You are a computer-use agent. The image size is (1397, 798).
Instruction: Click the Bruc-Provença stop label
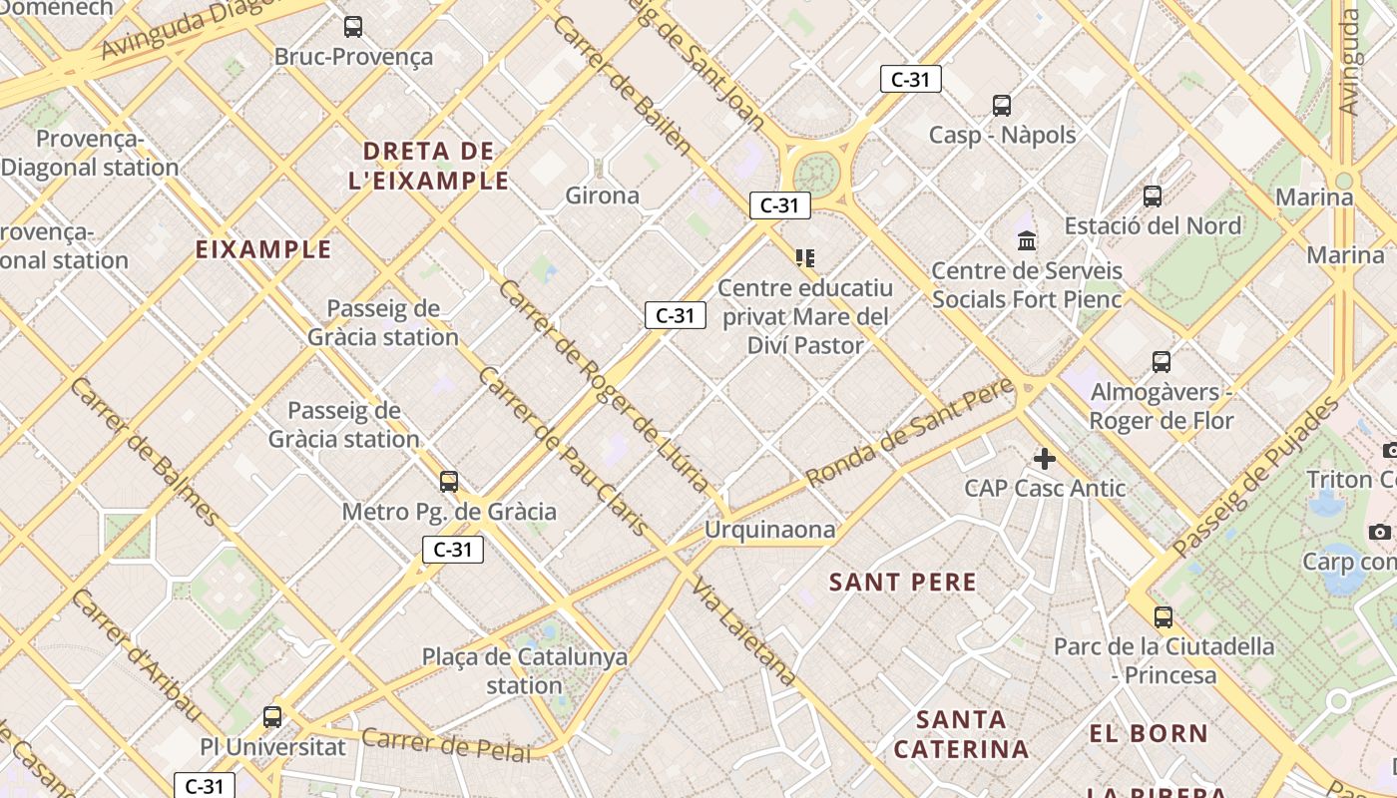coord(353,57)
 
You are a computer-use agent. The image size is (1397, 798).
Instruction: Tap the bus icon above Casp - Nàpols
coord(1002,105)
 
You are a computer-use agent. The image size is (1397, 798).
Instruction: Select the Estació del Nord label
coord(1153,225)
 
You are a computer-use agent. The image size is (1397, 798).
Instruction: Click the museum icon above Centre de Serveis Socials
coord(1027,240)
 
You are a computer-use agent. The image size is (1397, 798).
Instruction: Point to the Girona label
coord(602,196)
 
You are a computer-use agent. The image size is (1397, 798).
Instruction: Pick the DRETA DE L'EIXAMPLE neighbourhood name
coord(429,166)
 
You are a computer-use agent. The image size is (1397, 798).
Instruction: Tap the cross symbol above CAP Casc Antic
coord(1045,459)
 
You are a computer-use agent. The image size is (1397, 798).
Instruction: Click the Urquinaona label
coord(769,530)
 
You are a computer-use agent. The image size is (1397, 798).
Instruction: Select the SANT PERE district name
coord(903,583)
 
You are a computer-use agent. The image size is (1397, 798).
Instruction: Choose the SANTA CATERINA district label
coord(961,734)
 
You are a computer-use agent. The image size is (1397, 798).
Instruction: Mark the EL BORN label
coord(1149,734)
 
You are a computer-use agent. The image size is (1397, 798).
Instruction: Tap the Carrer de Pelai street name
coord(446,744)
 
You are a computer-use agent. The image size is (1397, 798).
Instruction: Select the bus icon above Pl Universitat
coord(272,716)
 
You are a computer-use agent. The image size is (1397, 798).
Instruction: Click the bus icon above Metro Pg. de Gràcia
coord(449,482)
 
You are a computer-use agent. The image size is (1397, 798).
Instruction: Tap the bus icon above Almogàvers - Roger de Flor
coord(1162,361)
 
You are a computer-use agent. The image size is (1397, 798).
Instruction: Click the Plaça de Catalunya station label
coord(525,671)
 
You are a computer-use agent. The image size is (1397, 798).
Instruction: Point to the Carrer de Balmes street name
coord(144,451)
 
